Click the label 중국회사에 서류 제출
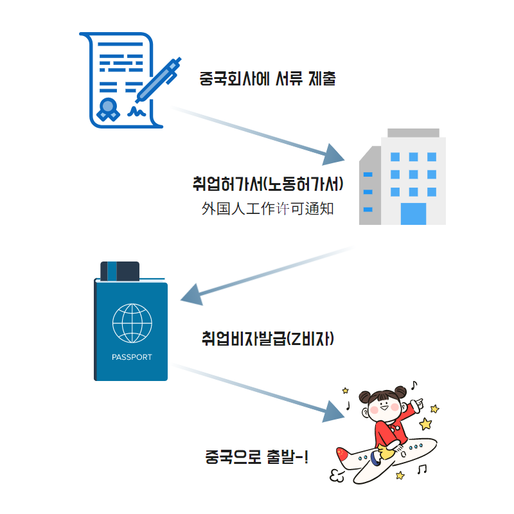(268, 80)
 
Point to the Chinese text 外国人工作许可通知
(267, 209)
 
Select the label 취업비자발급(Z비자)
(267, 339)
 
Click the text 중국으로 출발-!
(256, 458)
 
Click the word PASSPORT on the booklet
(132, 357)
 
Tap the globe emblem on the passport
(132, 323)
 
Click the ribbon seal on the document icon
(108, 110)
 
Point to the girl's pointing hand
(417, 403)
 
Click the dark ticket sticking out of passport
(120, 270)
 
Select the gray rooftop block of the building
(413, 132)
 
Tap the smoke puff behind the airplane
(337, 475)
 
